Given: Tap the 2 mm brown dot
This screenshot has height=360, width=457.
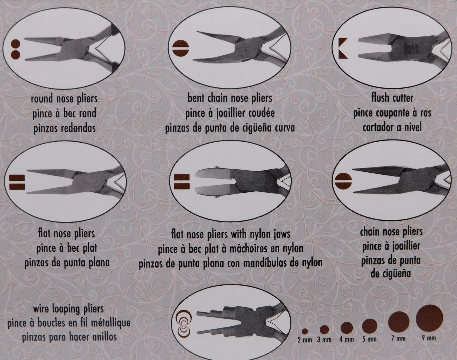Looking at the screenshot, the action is tap(305, 331).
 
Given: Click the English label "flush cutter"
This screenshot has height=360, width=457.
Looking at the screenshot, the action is tap(392, 98).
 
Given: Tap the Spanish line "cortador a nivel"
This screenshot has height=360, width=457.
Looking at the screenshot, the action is tap(392, 127).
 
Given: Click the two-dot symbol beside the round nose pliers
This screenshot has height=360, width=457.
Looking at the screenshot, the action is tap(15, 49).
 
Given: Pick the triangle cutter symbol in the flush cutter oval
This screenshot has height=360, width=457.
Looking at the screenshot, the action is tap(343, 48).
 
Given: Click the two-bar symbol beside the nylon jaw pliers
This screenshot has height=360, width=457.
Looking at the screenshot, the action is tap(182, 182).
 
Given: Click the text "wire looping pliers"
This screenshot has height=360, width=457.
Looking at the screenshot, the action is tap(68, 309).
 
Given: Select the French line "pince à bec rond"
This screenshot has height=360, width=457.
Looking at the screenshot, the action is tap(64, 114).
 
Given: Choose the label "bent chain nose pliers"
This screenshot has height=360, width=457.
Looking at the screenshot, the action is tap(230, 98).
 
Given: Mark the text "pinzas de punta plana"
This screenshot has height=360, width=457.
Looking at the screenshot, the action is tap(67, 263).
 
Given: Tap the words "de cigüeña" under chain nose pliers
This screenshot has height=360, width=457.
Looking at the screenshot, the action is tap(391, 274).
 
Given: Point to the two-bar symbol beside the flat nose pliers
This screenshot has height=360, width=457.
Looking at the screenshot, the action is tap(17, 182).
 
